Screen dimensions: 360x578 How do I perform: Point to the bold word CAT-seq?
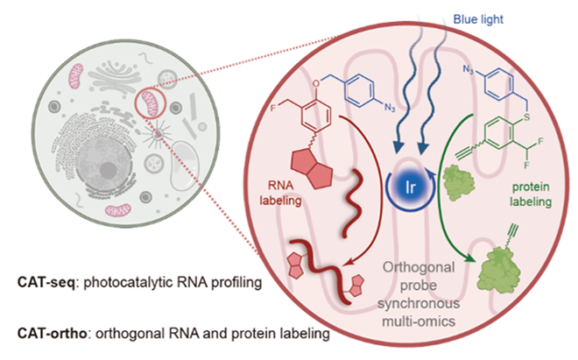46,286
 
